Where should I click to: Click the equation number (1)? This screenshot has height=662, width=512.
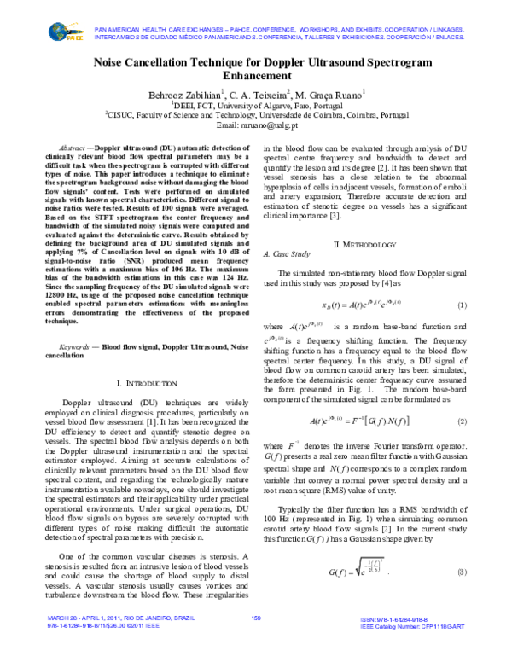[x=463, y=305]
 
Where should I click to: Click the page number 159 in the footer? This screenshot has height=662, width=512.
[x=255, y=641]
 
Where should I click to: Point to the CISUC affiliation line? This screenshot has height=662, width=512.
[x=256, y=113]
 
